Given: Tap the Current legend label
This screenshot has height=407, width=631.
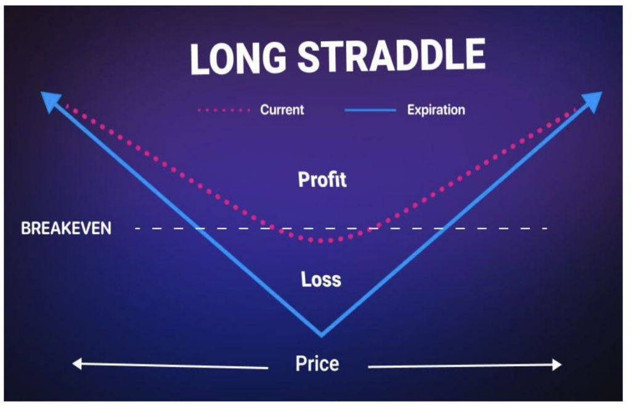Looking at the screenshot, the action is [282, 110].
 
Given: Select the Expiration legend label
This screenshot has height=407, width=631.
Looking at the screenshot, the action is [436, 110].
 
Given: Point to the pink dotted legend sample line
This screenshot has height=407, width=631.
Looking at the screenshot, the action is [224, 110].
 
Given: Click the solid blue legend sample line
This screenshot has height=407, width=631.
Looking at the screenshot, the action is [370, 110].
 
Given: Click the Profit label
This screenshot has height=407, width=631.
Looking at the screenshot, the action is [322, 179].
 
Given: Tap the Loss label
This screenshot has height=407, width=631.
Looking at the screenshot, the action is [321, 279].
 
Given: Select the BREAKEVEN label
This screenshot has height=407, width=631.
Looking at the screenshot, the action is [66, 228].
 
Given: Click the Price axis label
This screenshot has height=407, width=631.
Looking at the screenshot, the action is [317, 363].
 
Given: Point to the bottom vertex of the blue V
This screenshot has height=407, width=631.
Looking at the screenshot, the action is [321, 335].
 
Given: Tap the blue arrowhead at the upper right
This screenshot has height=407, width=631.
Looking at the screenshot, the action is [592, 101].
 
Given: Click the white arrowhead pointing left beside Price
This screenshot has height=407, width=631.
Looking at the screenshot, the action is [77, 363].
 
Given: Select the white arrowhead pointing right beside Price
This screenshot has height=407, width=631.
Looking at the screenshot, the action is [556, 364].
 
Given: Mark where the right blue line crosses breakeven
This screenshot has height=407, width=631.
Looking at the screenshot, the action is [441, 228].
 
